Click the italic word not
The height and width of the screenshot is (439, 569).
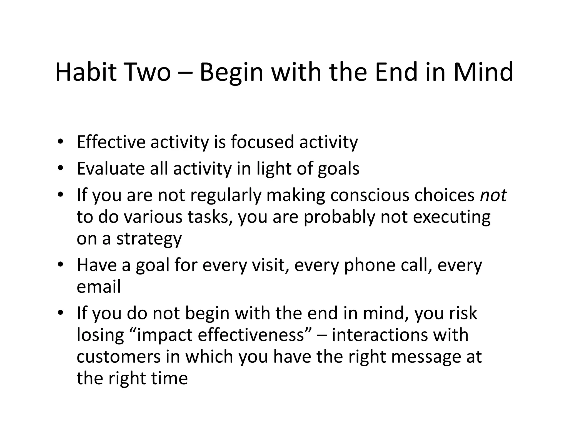click(x=493, y=195)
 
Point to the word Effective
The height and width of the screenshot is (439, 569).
click(x=111, y=142)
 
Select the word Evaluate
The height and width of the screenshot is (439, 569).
click(x=110, y=168)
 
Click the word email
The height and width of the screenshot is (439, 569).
click(x=99, y=287)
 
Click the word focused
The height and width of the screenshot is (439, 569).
click(x=262, y=142)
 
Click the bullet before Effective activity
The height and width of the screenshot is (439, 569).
click(x=60, y=142)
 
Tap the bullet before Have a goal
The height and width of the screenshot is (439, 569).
click(x=60, y=265)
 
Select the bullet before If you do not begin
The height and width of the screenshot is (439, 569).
click(x=60, y=313)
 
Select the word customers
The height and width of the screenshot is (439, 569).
click(x=118, y=357)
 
